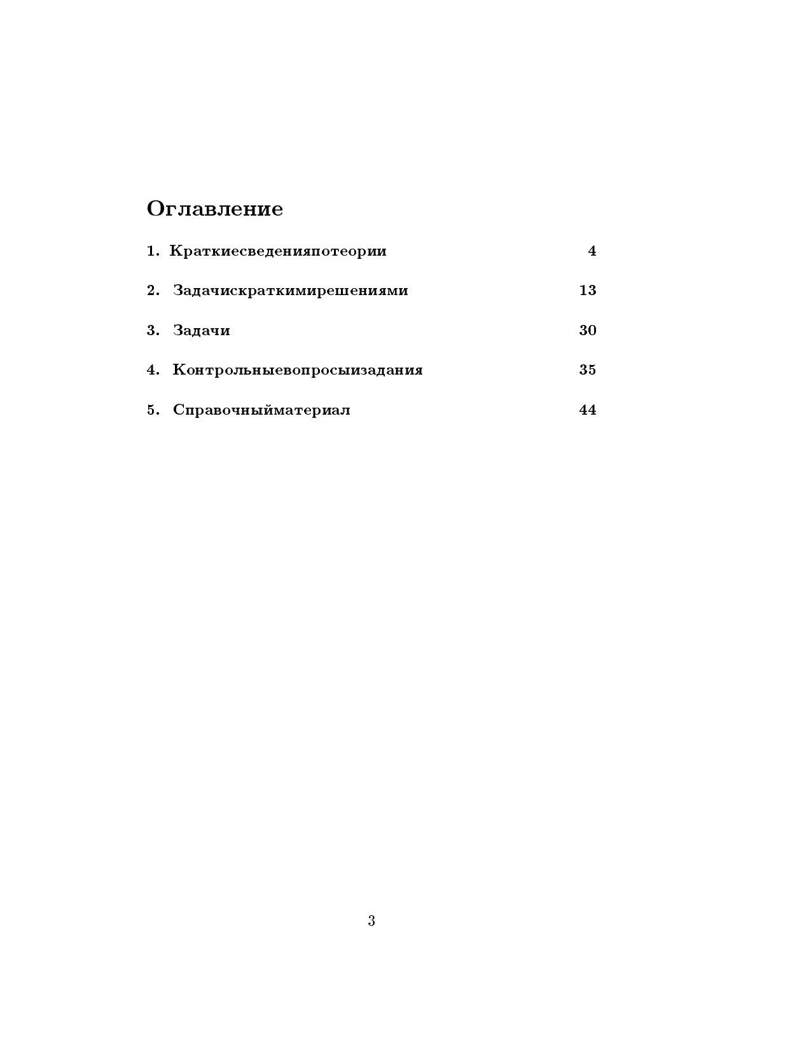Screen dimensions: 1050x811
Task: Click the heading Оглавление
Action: pos(214,209)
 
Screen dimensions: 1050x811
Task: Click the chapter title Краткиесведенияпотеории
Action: pos(278,251)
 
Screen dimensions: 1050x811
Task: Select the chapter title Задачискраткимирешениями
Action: pos(290,291)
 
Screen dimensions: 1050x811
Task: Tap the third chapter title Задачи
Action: pos(201,331)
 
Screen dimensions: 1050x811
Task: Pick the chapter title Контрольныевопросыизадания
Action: pos(297,370)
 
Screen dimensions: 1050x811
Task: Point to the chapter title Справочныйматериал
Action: pos(261,410)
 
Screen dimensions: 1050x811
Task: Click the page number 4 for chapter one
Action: pos(592,251)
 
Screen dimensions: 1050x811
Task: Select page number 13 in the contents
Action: pos(587,291)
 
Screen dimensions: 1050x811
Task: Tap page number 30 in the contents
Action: pos(587,331)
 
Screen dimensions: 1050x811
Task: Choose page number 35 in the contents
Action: pos(587,370)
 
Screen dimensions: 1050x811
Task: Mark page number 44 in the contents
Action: pos(587,410)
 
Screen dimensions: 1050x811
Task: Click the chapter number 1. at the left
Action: pos(153,251)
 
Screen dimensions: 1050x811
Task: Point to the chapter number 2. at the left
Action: pos(153,291)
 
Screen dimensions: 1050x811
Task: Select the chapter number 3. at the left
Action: pos(153,331)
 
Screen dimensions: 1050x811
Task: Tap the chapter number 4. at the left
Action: pos(153,370)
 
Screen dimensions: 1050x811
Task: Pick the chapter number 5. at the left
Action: pos(153,410)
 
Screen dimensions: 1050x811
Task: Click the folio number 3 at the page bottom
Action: pos(371,920)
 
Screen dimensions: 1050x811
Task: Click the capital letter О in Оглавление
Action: pos(156,209)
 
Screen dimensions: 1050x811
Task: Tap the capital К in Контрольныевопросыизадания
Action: pos(179,370)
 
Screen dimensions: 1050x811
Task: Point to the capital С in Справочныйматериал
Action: pos(179,410)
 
